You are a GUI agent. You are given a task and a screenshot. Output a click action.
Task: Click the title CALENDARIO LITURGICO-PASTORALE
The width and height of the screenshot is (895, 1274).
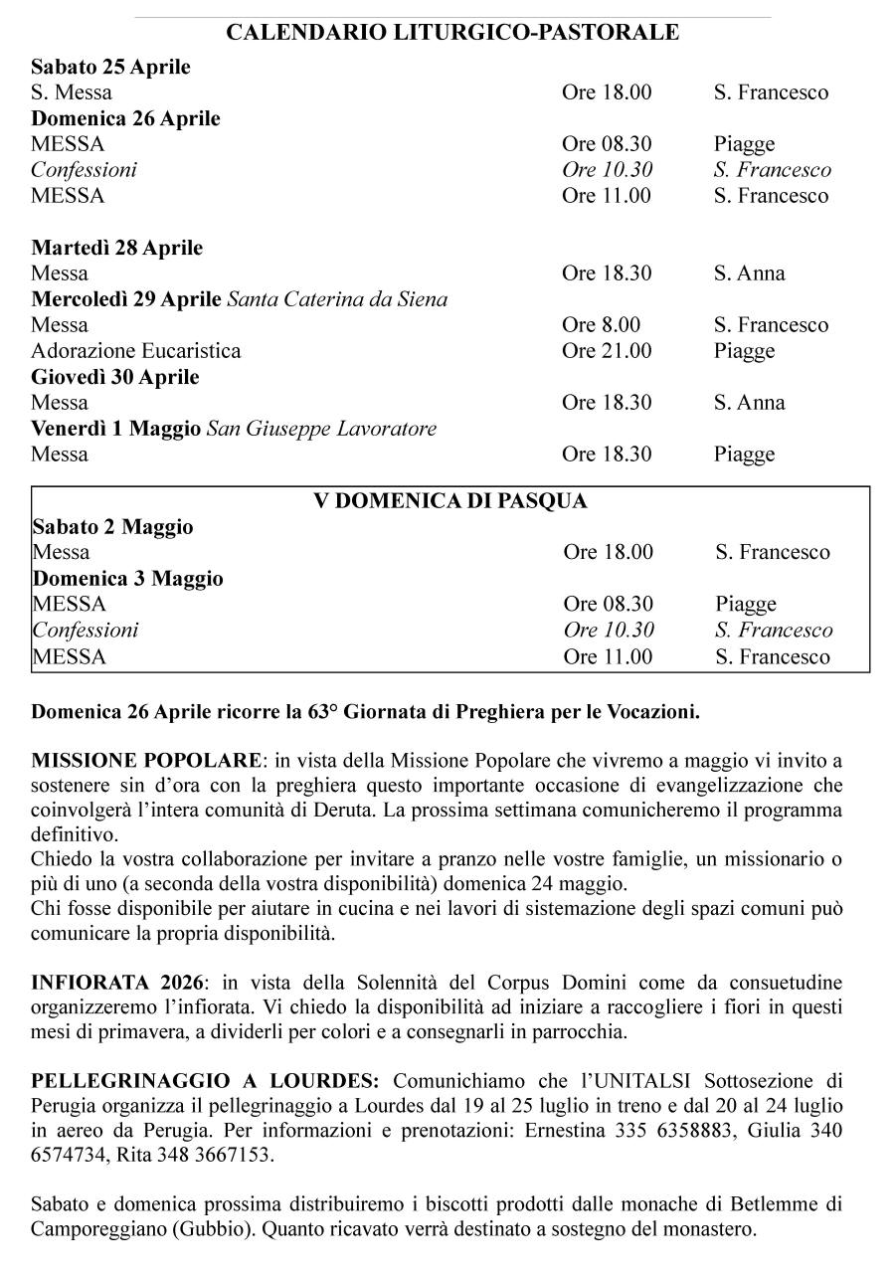[452, 33]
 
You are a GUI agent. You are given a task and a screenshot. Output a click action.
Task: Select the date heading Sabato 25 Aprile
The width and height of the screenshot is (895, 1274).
[110, 68]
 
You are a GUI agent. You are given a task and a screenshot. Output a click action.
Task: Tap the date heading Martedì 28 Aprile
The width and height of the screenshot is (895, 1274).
[116, 248]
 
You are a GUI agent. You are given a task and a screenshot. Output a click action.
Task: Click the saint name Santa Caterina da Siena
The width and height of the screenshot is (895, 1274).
[337, 299]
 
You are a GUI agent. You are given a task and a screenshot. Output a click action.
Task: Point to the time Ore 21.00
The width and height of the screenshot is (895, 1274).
[607, 351]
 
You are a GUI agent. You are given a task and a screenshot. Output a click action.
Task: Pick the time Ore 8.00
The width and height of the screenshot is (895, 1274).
[601, 325]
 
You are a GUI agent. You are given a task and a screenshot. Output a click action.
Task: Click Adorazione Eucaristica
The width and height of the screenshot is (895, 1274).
[135, 351]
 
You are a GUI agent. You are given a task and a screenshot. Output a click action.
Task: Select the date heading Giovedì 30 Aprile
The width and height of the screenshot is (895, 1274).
[114, 377]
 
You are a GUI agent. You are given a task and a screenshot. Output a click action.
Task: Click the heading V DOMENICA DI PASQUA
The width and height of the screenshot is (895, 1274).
[450, 501]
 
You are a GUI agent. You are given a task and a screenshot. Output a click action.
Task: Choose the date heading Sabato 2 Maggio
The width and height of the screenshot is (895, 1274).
[112, 527]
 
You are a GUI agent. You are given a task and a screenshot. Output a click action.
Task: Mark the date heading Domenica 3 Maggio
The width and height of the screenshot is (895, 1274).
[127, 579]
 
